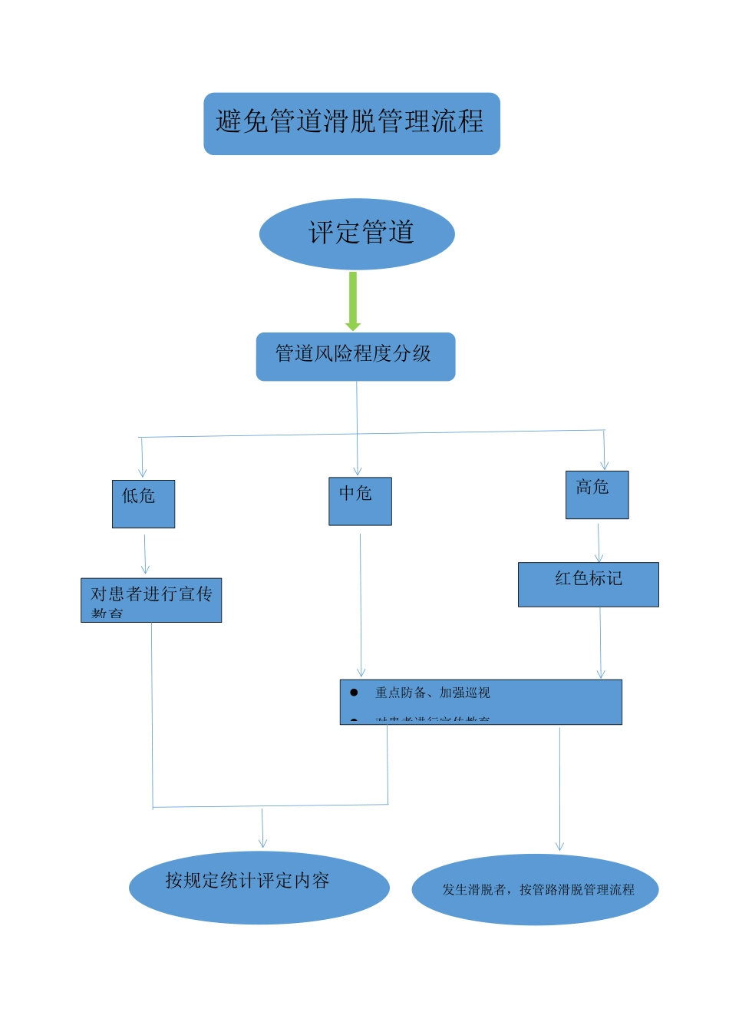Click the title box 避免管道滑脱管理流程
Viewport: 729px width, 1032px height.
pos(351,124)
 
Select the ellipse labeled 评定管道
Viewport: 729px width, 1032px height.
pos(357,233)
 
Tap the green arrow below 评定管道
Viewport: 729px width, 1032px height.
pos(353,301)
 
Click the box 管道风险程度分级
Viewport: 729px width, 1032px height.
pos(355,356)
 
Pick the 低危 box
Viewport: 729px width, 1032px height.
pos(143,504)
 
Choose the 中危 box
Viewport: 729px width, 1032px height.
pos(360,501)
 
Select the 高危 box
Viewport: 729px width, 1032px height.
pos(597,495)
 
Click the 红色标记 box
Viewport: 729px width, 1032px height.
pos(588,584)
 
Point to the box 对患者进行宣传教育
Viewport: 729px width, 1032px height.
pos(151,600)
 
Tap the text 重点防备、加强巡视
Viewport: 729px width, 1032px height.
pos(432,693)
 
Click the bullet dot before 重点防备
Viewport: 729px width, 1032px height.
pos(354,693)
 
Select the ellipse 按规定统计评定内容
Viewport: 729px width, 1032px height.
pos(259,887)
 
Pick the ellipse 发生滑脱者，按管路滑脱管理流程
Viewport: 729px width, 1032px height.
pos(536,889)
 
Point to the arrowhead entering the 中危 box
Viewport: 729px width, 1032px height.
pos(358,471)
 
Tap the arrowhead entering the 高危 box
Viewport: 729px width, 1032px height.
pos(605,465)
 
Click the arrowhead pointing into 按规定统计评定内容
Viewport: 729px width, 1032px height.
pos(263,843)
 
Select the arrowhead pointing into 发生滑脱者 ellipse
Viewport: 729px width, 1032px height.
pos(559,846)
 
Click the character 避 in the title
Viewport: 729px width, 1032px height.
pos(229,121)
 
